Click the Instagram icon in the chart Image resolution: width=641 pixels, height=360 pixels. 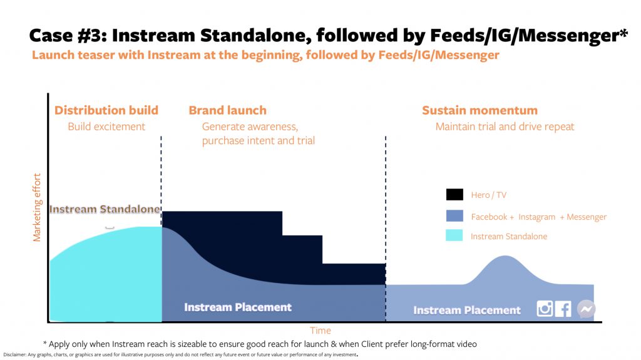tap(545, 309)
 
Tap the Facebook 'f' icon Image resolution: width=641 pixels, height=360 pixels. tap(563, 309)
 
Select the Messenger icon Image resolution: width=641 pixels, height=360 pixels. tap(586, 309)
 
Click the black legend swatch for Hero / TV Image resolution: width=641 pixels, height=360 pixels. tap(454, 194)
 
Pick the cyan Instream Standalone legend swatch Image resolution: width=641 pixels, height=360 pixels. tap(454, 235)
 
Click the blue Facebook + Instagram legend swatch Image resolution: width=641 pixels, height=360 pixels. tap(454, 215)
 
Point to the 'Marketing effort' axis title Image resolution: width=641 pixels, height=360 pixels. tap(37, 207)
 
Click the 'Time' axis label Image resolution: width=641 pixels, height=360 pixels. tap(320, 330)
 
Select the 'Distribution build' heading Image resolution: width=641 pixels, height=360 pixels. tap(106, 110)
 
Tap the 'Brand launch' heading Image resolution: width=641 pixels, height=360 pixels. tap(228, 110)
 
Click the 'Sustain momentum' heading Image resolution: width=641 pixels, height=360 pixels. tap(480, 110)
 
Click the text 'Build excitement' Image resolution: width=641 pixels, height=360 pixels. tap(106, 126)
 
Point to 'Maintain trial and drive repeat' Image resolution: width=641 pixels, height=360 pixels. tap(505, 127)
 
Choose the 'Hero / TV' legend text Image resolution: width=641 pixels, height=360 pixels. tap(488, 195)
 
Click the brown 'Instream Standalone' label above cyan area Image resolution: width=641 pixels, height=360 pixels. tap(105, 209)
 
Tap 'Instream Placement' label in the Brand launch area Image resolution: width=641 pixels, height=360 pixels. tap(238, 307)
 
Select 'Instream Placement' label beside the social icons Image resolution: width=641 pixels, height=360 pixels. tap(467, 310)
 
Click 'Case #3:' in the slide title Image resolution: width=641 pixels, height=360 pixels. tap(68, 36)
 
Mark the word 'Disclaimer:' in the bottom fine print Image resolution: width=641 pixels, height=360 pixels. tap(15, 355)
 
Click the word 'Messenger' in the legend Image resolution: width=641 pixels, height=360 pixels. tap(587, 217)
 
